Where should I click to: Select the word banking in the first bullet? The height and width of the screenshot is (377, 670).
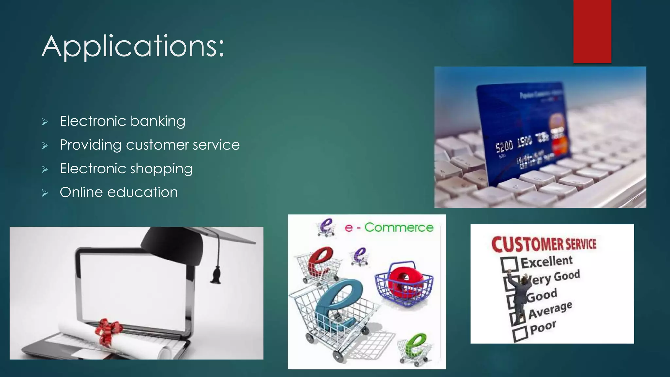tap(158, 121)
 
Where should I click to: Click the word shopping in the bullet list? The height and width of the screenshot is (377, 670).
tap(161, 169)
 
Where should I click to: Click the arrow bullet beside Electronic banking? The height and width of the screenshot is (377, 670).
tap(45, 122)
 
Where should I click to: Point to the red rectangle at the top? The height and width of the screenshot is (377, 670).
tap(592, 31)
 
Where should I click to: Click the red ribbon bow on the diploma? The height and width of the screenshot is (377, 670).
tap(108, 331)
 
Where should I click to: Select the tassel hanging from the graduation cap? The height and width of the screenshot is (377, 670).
tap(216, 275)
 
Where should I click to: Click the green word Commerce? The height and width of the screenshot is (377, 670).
tap(399, 227)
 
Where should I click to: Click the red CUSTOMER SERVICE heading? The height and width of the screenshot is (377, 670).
tap(544, 244)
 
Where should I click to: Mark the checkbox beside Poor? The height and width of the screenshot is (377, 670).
tap(520, 334)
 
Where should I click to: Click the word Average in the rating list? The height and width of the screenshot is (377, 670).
tap(550, 310)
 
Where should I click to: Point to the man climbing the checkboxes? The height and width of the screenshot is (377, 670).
tap(520, 295)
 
